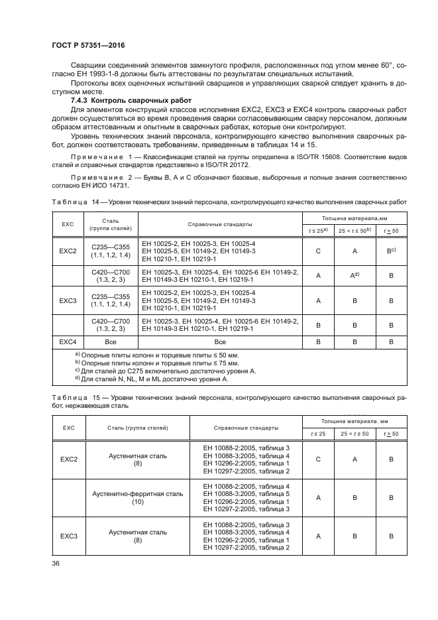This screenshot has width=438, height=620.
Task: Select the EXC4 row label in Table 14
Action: point(68,341)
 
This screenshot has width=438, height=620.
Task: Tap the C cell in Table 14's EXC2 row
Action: point(317,252)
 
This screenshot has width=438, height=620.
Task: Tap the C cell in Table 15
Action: point(317,458)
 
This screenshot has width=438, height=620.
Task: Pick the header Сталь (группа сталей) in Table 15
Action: point(138,428)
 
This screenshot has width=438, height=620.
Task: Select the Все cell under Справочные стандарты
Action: point(220,341)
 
